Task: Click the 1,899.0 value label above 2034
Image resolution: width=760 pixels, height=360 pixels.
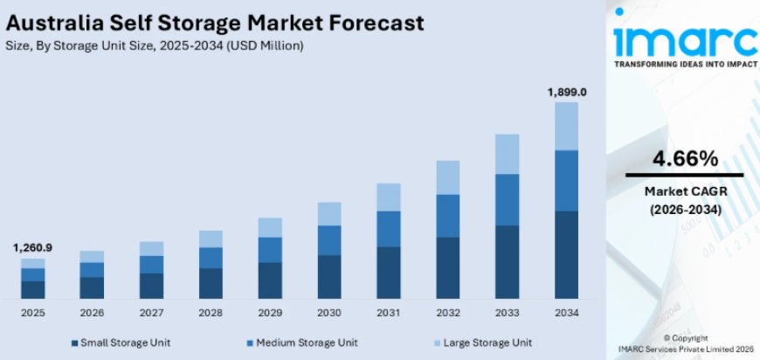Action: pos(566,92)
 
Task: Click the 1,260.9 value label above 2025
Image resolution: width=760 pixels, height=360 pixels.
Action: pos(32,248)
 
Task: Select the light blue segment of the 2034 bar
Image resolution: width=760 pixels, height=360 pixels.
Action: pos(566,126)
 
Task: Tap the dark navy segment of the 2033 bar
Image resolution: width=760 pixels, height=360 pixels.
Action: pos(507,262)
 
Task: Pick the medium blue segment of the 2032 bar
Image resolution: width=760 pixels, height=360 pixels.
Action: pos(447,215)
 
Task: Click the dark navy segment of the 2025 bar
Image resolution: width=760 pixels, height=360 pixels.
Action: pos(32,290)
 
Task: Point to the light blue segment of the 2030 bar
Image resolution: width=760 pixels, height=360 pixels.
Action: pos(328,214)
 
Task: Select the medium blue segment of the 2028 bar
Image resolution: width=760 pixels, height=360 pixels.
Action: pos(211,258)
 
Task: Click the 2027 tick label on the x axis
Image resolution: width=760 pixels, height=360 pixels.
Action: pos(151,312)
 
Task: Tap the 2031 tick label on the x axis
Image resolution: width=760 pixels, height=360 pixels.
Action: pos(388,312)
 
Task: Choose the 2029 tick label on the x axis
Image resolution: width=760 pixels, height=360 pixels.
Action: pos(270,312)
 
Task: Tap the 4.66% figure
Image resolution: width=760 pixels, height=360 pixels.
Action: pos(685,158)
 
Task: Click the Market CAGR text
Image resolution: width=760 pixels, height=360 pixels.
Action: pos(685,191)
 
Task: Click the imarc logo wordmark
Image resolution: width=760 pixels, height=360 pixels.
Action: pos(685,41)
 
